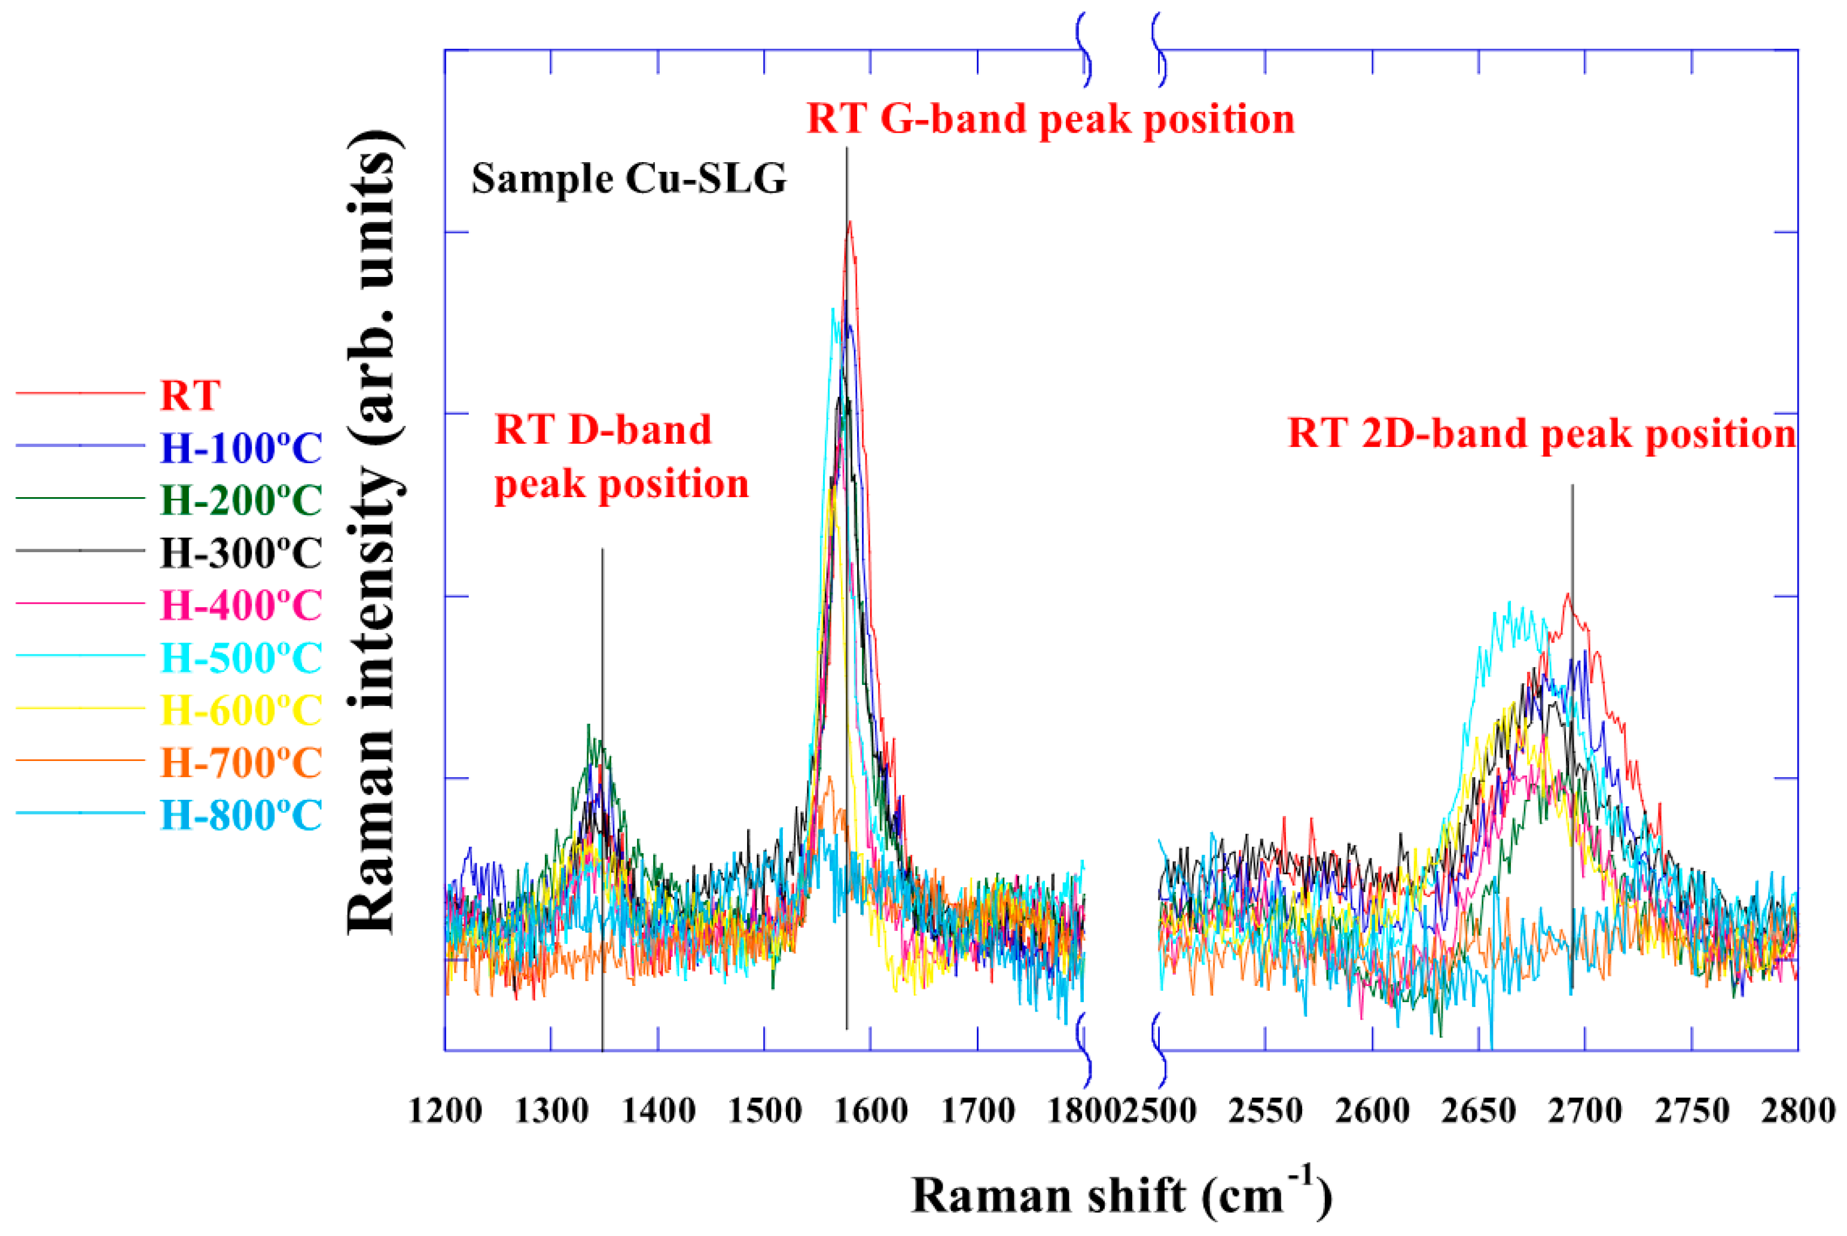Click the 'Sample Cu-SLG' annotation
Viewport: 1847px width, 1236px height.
[629, 179]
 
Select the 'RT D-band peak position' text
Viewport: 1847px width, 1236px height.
[621, 457]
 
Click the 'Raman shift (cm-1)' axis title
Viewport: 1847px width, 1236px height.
[1121, 1195]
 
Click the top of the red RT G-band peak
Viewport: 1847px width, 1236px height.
[849, 223]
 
